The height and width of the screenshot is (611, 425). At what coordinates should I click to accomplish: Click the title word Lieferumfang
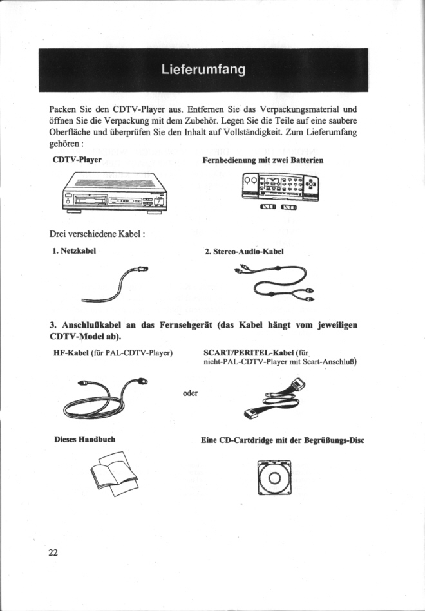click(x=203, y=70)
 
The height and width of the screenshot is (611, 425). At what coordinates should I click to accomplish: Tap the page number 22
click(x=53, y=552)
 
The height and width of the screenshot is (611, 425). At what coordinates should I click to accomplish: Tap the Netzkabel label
click(x=74, y=250)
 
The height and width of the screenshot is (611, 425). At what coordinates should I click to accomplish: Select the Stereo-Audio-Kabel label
click(x=244, y=251)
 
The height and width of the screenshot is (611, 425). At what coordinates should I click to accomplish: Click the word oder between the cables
click(x=190, y=393)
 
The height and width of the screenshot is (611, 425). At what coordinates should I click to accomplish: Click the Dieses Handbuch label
click(x=84, y=440)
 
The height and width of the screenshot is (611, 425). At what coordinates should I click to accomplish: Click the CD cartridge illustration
click(x=274, y=478)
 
